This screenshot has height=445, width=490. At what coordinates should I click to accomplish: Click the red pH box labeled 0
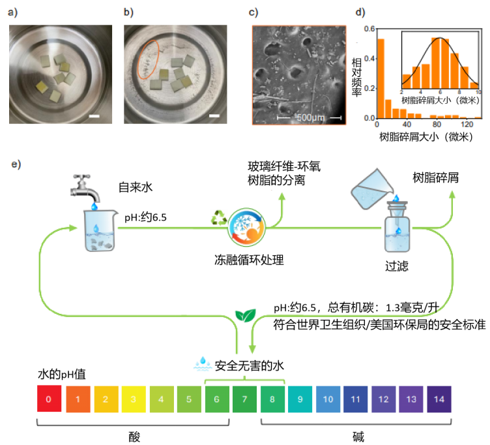point(50,397)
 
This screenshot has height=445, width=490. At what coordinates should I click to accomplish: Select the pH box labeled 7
point(244,397)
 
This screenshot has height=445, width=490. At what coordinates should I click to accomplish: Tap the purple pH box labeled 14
point(440,397)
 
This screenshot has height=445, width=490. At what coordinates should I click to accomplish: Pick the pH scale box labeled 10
point(328,397)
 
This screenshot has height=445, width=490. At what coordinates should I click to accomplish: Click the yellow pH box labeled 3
point(134,397)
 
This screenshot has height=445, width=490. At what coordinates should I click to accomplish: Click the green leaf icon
point(244,316)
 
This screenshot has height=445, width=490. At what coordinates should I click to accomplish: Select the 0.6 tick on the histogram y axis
point(369,29)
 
